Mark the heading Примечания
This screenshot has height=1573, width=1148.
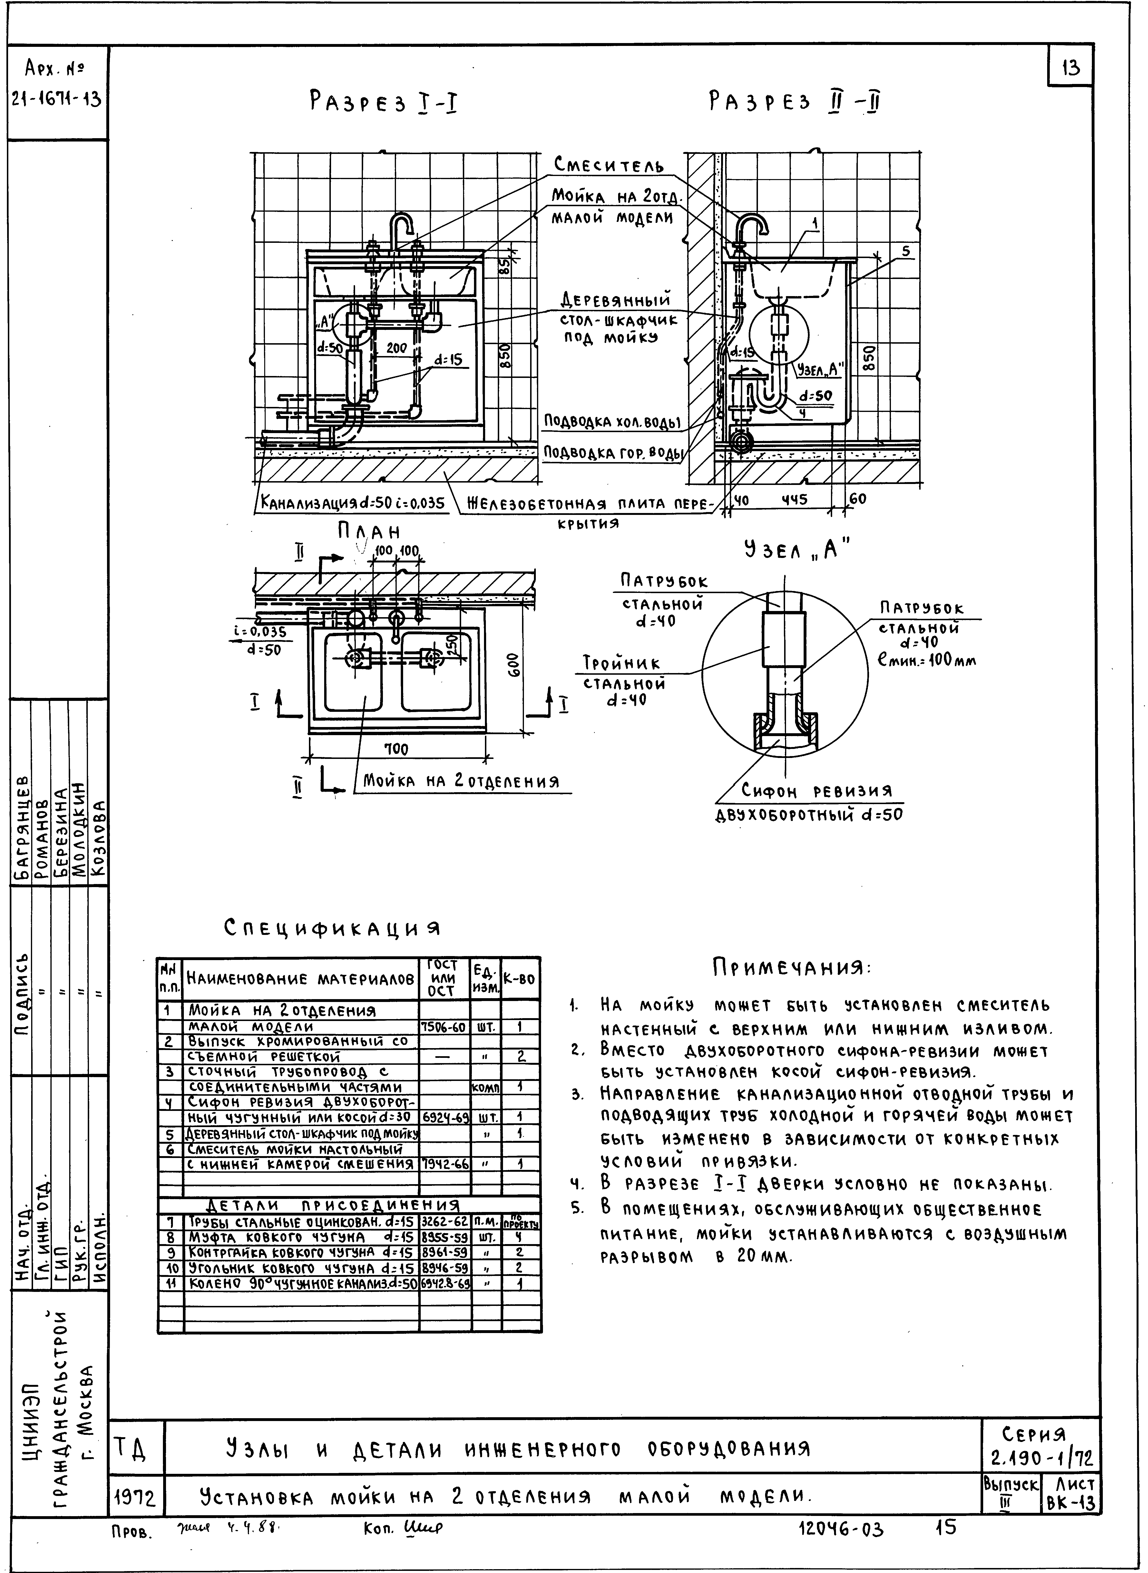click(791, 968)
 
